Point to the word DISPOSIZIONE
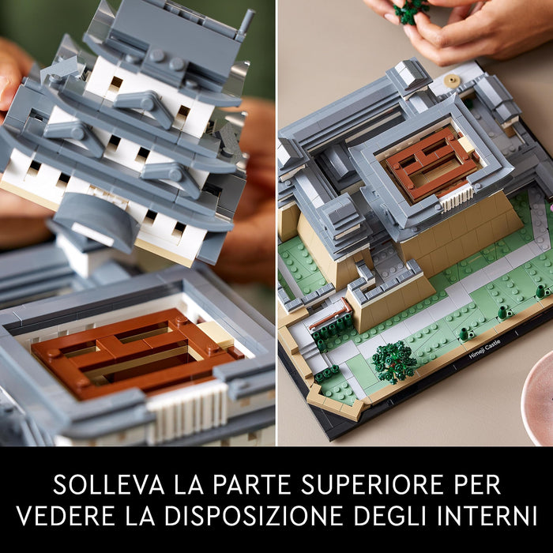(x=254, y=516)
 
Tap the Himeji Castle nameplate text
(x=484, y=350)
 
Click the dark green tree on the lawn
(x=394, y=362)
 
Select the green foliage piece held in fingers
(x=411, y=11)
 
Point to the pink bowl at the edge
(x=538, y=398)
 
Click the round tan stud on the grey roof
(x=450, y=81)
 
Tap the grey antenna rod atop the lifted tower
(x=246, y=23)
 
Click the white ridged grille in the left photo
(x=188, y=412)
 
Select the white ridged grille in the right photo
(x=457, y=197)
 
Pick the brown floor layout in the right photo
(x=432, y=164)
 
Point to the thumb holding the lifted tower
(x=13, y=73)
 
